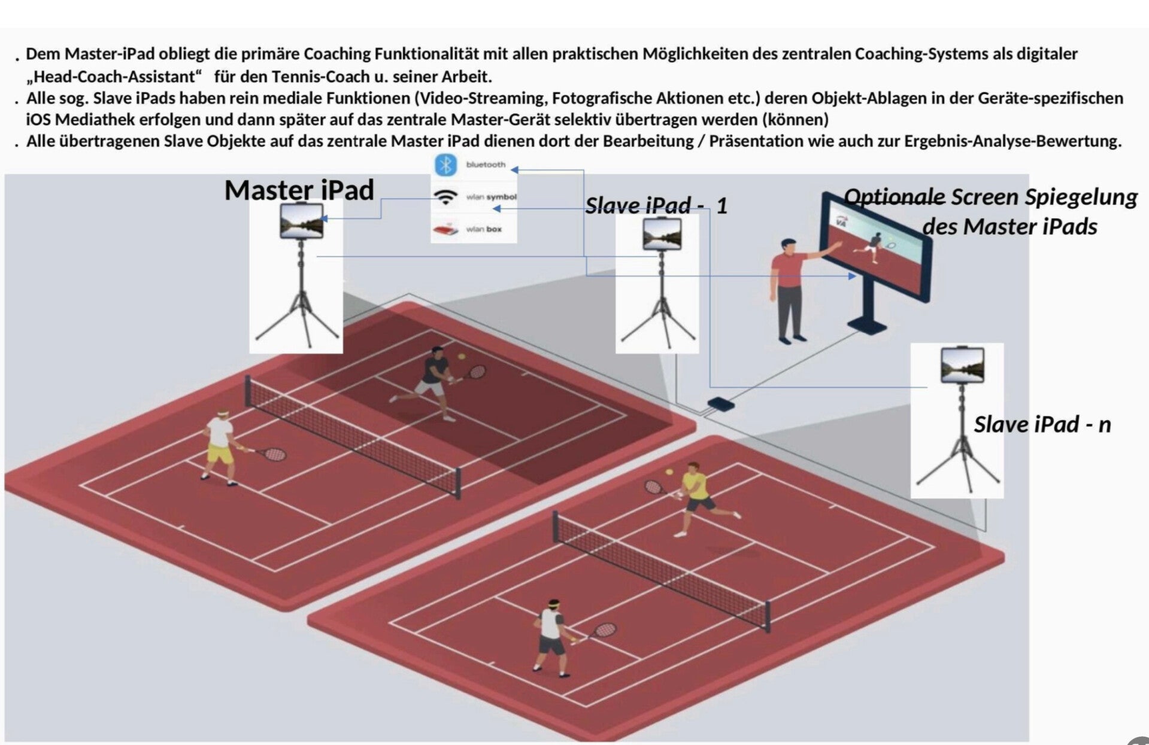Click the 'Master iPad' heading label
pyautogui.click(x=299, y=190)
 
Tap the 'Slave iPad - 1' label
pyautogui.click(x=656, y=206)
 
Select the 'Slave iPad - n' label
pyautogui.click(x=1042, y=424)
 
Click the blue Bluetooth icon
pyautogui.click(x=445, y=165)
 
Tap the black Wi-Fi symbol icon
pyautogui.click(x=445, y=197)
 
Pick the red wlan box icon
pyautogui.click(x=445, y=229)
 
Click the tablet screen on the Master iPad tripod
pyautogui.click(x=301, y=220)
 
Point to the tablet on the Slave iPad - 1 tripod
pyautogui.click(x=661, y=233)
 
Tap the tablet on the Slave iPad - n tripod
pyautogui.click(x=962, y=364)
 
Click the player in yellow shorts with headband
pyautogui.click(x=220, y=446)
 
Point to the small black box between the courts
pyautogui.click(x=720, y=403)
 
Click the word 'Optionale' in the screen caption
pyautogui.click(x=895, y=196)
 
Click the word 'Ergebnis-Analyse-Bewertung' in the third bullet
pyautogui.click(x=1012, y=142)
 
